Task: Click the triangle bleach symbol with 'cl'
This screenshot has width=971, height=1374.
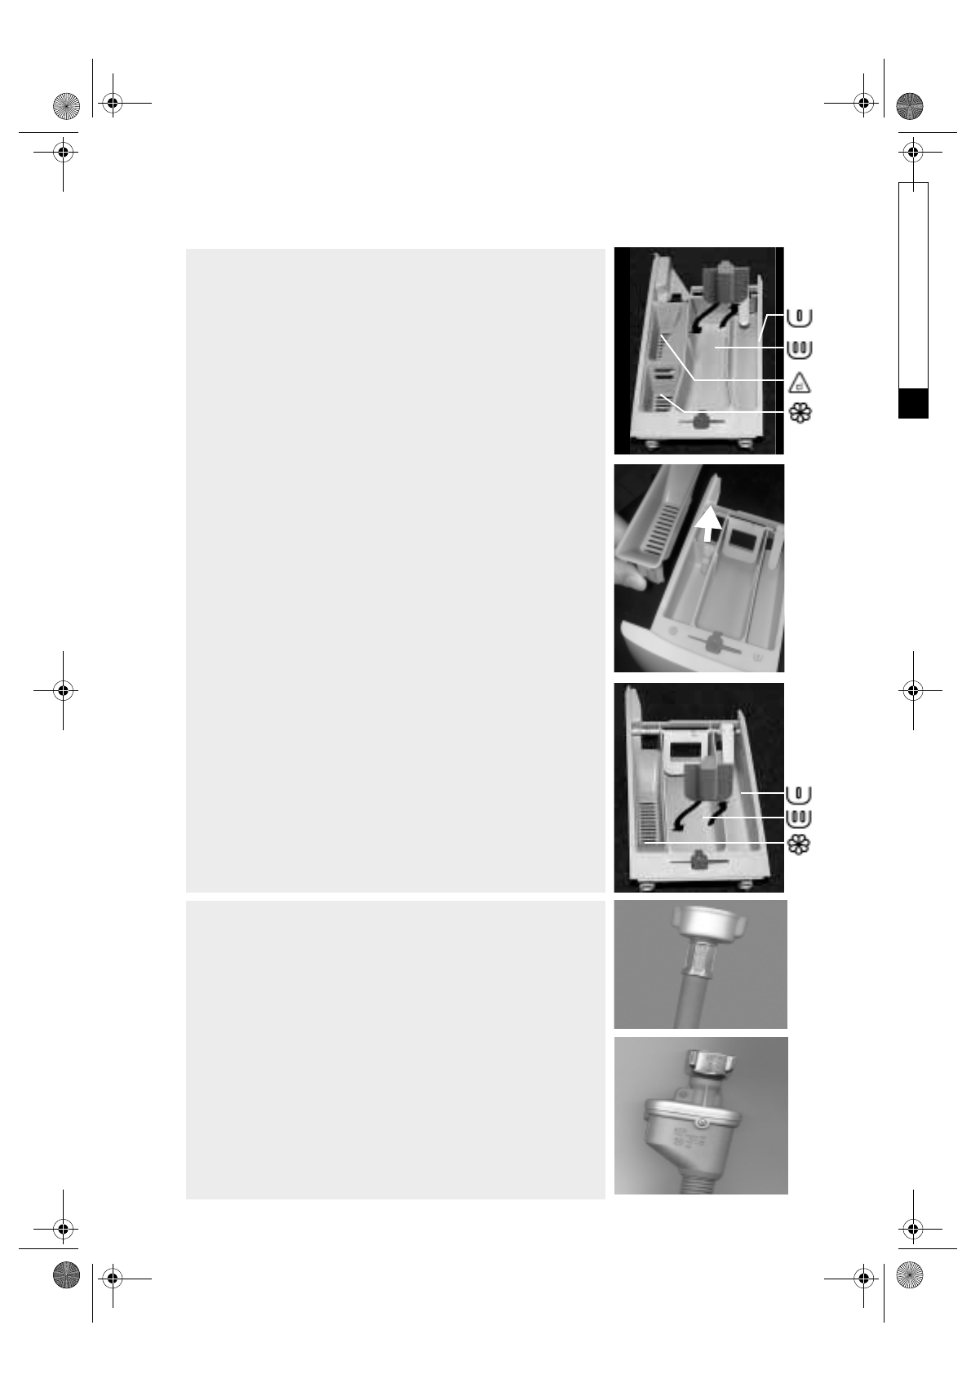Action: point(800,382)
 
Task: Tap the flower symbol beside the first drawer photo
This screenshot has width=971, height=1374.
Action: point(800,413)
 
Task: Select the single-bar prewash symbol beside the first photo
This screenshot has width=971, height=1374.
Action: point(800,317)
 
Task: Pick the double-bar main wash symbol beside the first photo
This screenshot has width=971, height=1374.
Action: point(800,348)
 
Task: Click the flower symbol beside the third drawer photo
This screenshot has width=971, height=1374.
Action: point(800,844)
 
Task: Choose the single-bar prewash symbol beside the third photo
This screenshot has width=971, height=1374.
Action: point(800,793)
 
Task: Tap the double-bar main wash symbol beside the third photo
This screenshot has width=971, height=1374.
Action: point(800,818)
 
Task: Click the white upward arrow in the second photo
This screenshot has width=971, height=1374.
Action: point(709,523)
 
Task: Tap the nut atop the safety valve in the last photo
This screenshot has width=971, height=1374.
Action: point(711,1062)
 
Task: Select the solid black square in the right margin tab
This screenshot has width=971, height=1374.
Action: point(913,404)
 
